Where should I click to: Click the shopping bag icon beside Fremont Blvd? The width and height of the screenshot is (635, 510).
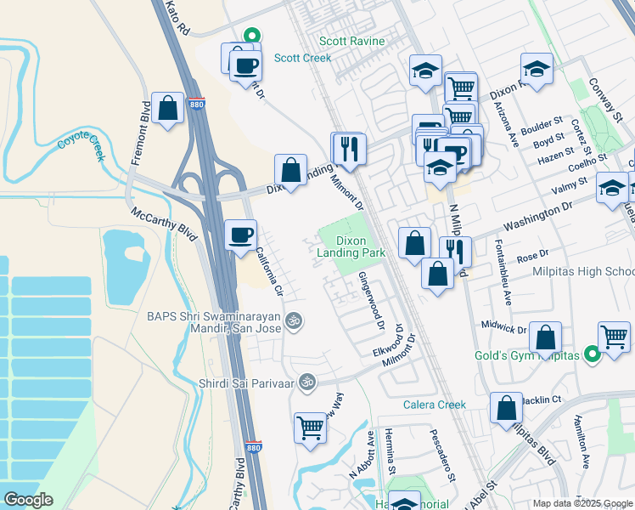point(169,108)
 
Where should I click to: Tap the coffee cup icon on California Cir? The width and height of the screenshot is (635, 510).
point(240,234)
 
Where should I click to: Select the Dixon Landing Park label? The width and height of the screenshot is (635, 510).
point(351,246)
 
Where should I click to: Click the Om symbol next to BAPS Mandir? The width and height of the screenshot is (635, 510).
point(294,320)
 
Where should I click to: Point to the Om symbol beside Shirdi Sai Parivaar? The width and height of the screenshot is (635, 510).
point(307,382)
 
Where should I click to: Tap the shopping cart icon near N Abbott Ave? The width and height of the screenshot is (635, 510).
point(310,427)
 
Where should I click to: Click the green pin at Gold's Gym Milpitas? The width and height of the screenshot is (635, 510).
point(593,354)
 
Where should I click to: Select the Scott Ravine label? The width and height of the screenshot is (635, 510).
point(351,41)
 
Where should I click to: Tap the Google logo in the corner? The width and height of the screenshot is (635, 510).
point(29,500)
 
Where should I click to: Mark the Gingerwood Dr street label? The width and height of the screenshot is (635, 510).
point(371,302)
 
